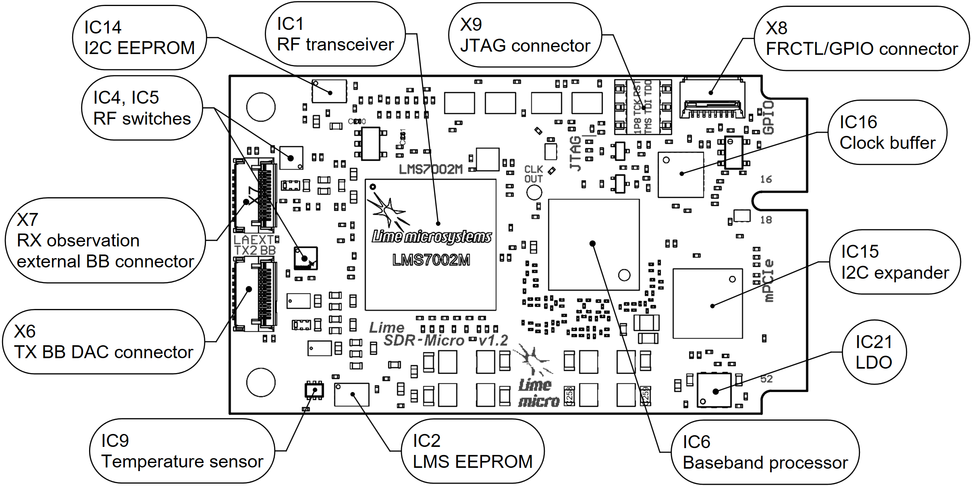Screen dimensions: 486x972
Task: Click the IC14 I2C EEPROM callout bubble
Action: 139,38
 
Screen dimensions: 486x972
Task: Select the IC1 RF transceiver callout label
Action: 335,34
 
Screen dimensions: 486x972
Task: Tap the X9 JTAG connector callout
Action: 525,35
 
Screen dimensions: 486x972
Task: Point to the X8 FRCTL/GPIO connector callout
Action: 861,38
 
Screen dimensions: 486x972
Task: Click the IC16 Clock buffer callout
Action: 887,132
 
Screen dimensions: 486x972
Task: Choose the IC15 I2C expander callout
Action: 895,262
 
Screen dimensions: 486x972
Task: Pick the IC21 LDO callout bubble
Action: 874,352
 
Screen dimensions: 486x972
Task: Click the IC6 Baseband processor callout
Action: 765,452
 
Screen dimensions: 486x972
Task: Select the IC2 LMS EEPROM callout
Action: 472,451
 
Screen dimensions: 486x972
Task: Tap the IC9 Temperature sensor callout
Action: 182,451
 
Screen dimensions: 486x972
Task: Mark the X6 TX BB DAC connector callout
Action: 104,342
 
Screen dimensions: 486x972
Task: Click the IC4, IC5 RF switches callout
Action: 142,108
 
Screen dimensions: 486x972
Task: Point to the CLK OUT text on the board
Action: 534,174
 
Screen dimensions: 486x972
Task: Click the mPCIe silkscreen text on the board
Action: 768,280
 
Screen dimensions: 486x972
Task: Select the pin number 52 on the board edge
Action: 766,379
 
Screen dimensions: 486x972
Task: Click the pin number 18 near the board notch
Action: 766,220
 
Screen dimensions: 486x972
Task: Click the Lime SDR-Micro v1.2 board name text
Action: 438,334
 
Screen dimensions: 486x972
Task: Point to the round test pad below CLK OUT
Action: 534,192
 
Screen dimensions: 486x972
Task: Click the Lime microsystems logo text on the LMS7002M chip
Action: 431,237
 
